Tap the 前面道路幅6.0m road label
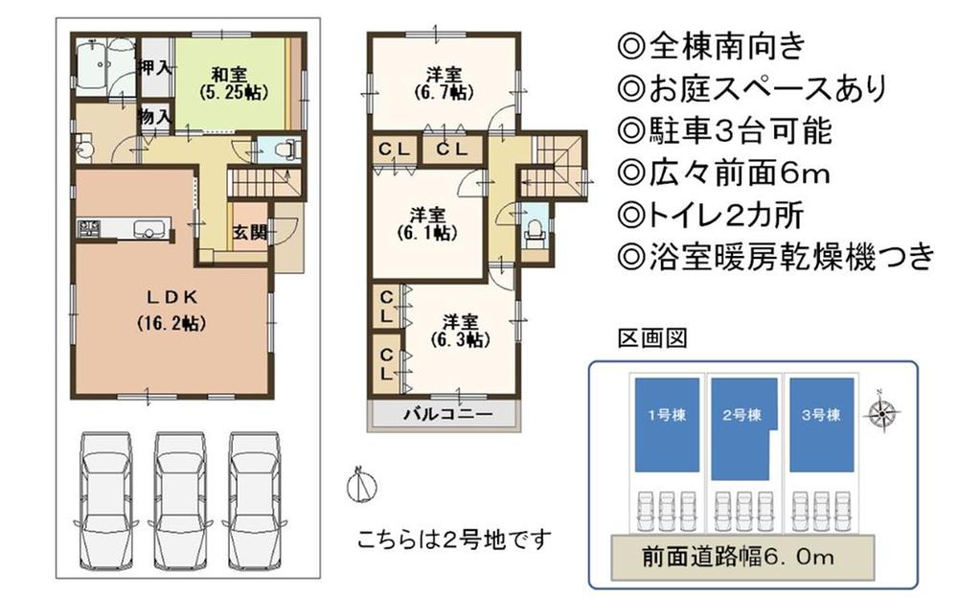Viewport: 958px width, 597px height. tap(743, 555)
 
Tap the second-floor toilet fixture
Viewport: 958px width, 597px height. tap(535, 230)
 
